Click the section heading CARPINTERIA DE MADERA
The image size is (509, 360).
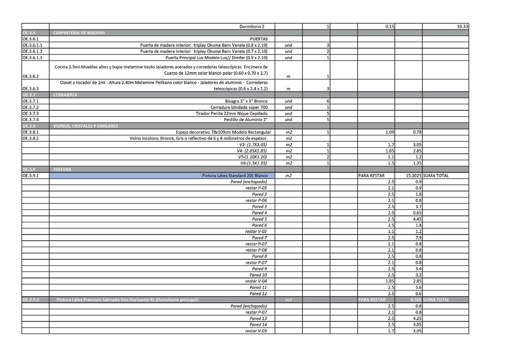pyautogui.click(x=79, y=33)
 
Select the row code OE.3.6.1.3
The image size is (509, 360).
pyautogui.click(x=32, y=58)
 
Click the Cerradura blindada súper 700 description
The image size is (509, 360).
pyautogui.click(x=239, y=107)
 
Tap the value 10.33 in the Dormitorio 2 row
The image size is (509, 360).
pyautogui.click(x=462, y=27)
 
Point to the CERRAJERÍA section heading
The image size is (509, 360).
pyautogui.click(x=65, y=95)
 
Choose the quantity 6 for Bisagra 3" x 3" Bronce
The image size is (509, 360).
pyautogui.click(x=328, y=101)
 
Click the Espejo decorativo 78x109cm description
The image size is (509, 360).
pyautogui.click(x=223, y=132)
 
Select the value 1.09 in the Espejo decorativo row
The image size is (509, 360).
pyautogui.click(x=389, y=132)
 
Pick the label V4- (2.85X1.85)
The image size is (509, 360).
pyautogui.click(x=252, y=151)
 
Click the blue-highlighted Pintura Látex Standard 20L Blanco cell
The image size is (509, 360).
pyautogui.click(x=234, y=176)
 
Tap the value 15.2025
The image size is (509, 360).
pyautogui.click(x=413, y=176)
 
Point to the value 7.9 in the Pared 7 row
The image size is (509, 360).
pyautogui.click(x=418, y=238)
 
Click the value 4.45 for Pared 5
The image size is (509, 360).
pyautogui.click(x=417, y=219)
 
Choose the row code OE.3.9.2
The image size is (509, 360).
pyautogui.click(x=31, y=300)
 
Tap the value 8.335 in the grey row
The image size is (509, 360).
pyautogui.click(x=416, y=300)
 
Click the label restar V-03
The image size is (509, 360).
pyautogui.click(x=256, y=331)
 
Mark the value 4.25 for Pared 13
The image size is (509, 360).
pyautogui.click(x=417, y=319)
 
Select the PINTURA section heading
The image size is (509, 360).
pyautogui.click(x=62, y=169)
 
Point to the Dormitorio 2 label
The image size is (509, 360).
pyautogui.click(x=252, y=27)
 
